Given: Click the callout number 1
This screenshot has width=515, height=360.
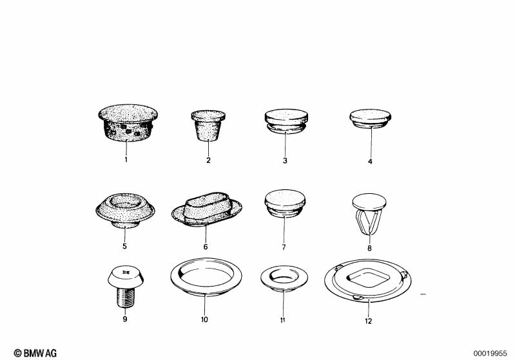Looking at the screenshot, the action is click(126, 160).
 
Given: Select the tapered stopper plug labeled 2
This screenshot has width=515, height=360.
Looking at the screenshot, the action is click(208, 126).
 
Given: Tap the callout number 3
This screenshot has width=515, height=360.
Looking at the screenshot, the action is click(285, 160).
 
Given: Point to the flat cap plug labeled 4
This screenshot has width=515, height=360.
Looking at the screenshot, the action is click(370, 118).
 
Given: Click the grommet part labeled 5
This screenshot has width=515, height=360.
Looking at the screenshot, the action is click(125, 211).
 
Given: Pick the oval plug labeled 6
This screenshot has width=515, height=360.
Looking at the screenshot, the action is click(207, 209).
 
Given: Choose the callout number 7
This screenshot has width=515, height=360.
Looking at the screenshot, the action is click(284, 247).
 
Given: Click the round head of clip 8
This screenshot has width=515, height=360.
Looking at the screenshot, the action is click(369, 202).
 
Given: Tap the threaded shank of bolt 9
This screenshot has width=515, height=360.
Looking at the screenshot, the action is click(126, 297).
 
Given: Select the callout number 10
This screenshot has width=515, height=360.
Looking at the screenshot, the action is click(204, 319).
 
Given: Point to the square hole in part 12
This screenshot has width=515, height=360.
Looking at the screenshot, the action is click(369, 278).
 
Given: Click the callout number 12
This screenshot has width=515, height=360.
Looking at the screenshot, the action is click(368, 321).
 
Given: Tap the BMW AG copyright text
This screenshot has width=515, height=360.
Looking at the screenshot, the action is click(35, 353).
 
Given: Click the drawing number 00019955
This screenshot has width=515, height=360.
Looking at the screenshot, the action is click(490, 354).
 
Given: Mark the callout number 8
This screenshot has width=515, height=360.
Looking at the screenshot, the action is click(369, 249).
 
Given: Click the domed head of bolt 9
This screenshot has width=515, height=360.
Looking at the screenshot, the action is click(126, 276).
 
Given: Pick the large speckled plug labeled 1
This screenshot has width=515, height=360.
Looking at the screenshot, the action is click(128, 123).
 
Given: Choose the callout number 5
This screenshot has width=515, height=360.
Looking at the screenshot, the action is click(124, 246).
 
